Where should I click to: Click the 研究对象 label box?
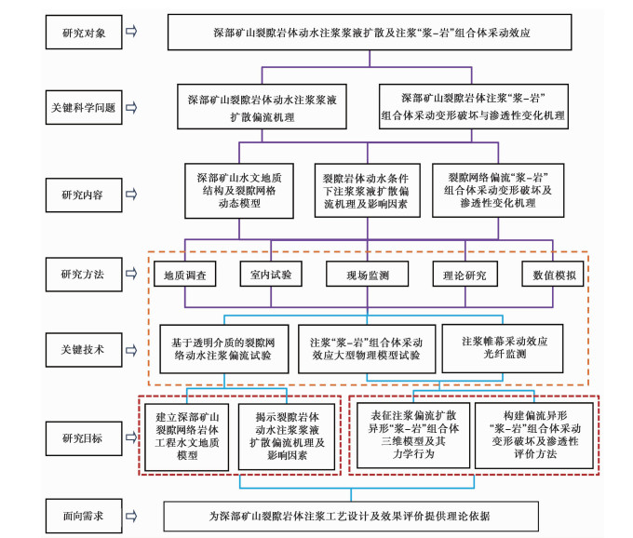84,33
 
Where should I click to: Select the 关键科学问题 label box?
84,107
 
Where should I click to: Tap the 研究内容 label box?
84,195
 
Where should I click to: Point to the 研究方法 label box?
84,275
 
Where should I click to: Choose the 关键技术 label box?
84,350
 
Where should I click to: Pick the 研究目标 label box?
84,438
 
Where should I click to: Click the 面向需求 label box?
84,516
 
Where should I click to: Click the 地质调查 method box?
185,274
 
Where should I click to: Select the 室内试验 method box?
271,274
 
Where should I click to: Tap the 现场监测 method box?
368,274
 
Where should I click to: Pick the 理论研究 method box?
465,274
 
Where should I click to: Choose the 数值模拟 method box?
553,274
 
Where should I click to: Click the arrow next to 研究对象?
131,31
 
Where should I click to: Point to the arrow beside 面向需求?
131,516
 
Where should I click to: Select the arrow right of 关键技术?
131,350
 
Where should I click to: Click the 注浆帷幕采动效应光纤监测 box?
503,348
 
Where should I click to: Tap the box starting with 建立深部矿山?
187,437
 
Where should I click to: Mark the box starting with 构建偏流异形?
534,436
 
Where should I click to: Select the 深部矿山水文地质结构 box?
239,191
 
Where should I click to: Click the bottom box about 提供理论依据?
351,517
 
